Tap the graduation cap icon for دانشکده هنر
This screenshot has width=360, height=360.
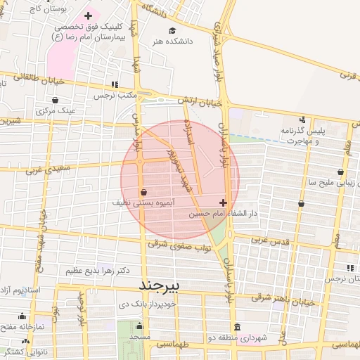pyautogui.click(x=172, y=31)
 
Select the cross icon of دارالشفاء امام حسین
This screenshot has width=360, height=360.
pyautogui.click(x=223, y=202)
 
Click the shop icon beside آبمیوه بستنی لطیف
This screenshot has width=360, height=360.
pyautogui.click(x=143, y=191)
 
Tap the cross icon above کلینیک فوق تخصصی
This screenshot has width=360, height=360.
pyautogui.click(x=87, y=15)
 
